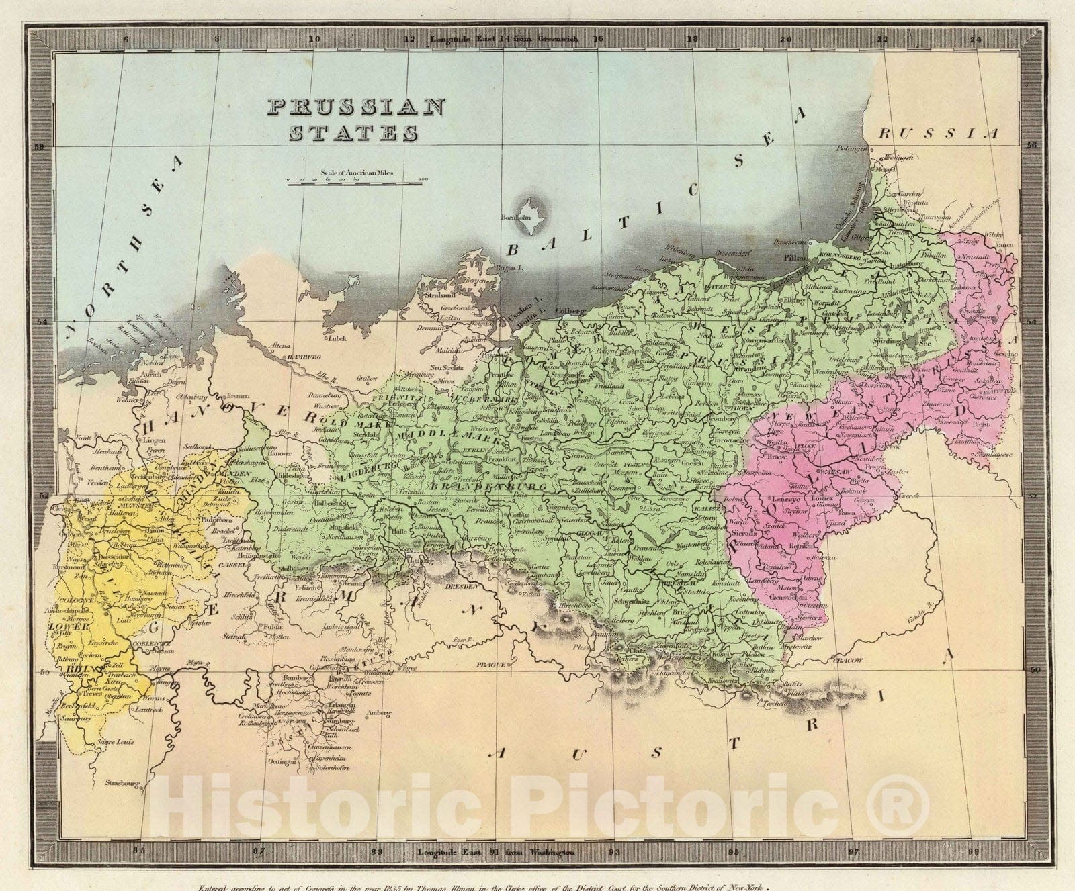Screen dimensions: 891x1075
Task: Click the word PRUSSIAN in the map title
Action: [356, 107]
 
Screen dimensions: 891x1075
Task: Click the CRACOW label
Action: [849, 661]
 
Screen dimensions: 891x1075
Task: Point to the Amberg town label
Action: [378, 713]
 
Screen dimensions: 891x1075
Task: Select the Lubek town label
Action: [338, 338]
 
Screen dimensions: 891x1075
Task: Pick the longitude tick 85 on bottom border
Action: [138, 851]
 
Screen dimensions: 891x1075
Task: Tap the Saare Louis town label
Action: [115, 742]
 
